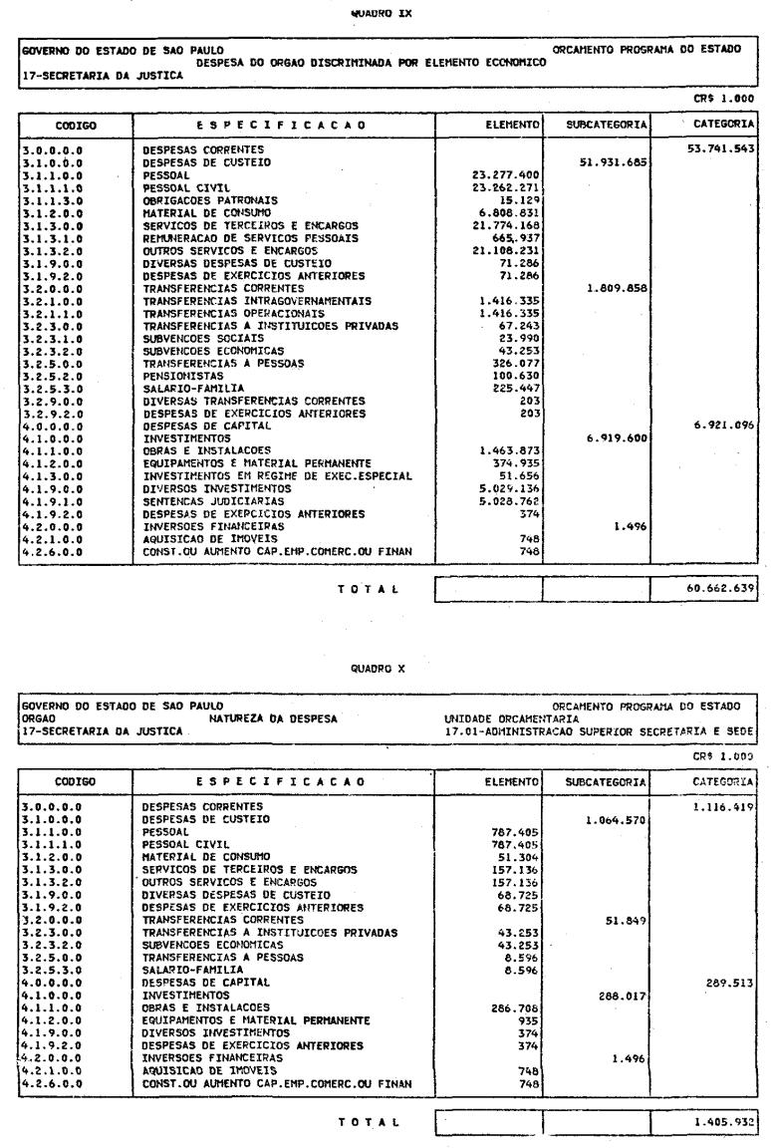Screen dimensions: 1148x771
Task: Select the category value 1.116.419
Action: pos(725,747)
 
